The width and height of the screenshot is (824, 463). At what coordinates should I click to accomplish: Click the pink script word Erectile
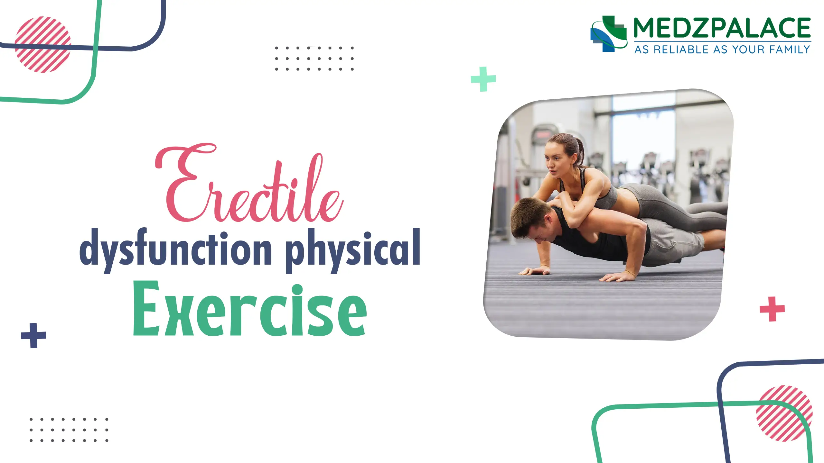coord(249,186)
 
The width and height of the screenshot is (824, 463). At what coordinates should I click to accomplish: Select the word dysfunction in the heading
coord(175,249)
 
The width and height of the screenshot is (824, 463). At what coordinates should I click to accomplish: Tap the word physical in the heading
coord(352,249)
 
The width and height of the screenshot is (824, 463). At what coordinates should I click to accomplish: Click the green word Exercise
coord(249,310)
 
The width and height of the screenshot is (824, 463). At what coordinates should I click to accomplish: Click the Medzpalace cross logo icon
coord(608,34)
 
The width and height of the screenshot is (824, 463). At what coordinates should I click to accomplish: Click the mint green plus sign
coord(483,79)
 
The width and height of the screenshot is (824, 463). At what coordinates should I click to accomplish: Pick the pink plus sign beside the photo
coord(772,309)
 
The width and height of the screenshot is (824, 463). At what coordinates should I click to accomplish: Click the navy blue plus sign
coord(33,336)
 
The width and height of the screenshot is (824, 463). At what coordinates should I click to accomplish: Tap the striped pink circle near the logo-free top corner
coord(43,44)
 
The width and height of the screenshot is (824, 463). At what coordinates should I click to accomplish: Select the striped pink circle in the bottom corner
coord(784,413)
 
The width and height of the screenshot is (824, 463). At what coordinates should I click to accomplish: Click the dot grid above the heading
coord(314,59)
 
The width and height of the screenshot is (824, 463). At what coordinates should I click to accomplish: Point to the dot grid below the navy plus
coord(69,430)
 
